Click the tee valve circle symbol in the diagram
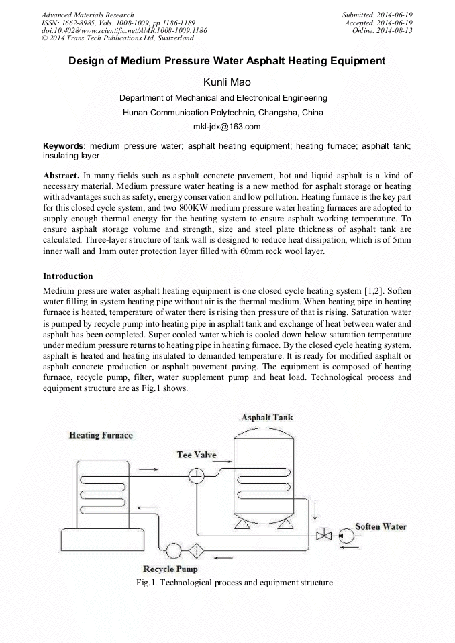(x=197, y=475)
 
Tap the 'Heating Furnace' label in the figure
(x=101, y=435)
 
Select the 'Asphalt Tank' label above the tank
(x=266, y=417)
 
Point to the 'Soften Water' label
(x=381, y=526)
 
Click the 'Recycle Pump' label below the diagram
(x=170, y=569)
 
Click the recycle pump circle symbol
(x=173, y=551)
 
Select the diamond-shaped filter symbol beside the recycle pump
(x=197, y=551)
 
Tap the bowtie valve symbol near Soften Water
(x=325, y=535)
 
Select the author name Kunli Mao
(x=227, y=82)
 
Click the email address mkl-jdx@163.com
(x=227, y=127)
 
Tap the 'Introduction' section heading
(x=68, y=276)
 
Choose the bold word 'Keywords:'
(x=64, y=145)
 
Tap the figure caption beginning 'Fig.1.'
(x=234, y=583)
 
